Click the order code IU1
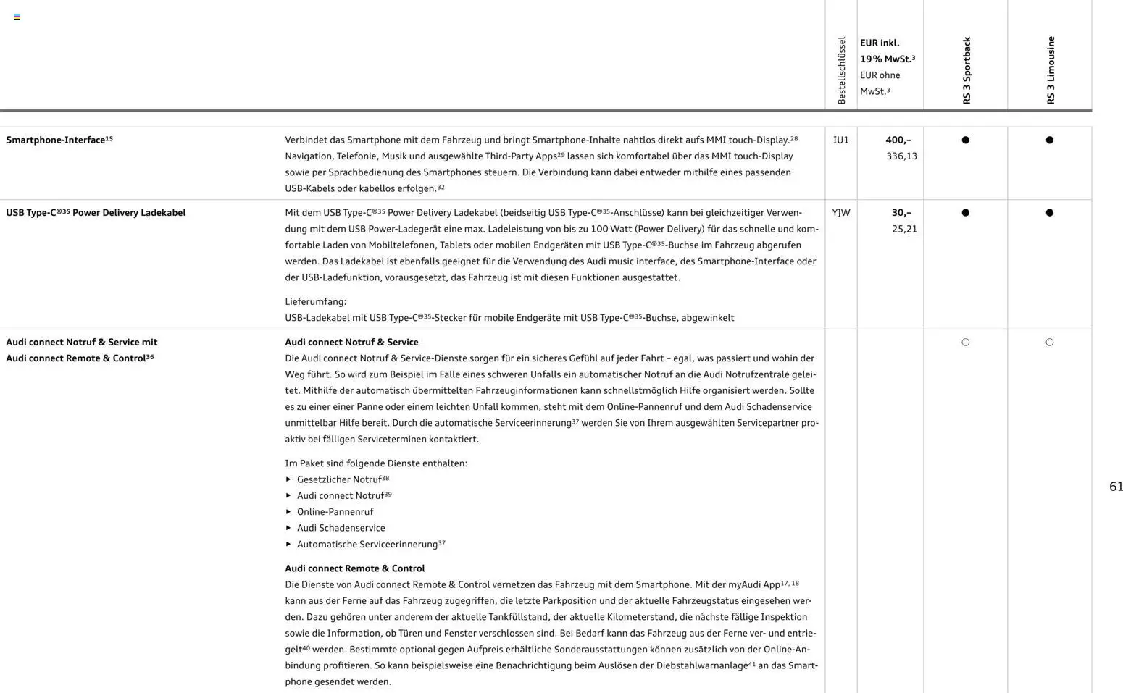point(840,140)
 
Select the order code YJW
point(840,212)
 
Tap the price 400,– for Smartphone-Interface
point(898,140)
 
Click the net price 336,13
point(901,156)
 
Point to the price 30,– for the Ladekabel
point(901,212)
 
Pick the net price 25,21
point(904,229)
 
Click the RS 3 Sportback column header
point(966,71)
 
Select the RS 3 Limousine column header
point(1050,70)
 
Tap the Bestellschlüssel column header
point(841,71)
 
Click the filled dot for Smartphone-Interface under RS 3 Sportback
point(965,140)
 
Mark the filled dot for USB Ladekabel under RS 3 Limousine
point(1049,213)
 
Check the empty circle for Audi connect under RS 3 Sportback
point(965,342)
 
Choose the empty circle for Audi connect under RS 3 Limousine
point(1049,342)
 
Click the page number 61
point(1116,487)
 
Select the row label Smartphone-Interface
point(56,140)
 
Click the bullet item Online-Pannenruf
point(335,512)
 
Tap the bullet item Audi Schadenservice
point(341,528)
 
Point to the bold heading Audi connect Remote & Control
point(354,568)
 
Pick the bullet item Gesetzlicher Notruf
point(338,479)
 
